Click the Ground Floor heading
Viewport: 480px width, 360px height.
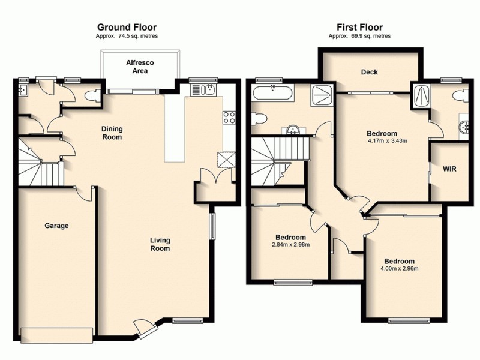[x=127, y=27]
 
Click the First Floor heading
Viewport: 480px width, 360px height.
[x=359, y=27]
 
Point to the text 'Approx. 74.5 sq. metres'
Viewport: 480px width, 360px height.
[x=127, y=36]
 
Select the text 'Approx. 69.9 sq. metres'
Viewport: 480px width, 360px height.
[x=359, y=36]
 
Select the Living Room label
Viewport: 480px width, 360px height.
[x=160, y=244]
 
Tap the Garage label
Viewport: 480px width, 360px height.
[x=56, y=226]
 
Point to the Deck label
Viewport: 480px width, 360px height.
[x=369, y=73]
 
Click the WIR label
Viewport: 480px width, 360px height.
[x=449, y=169]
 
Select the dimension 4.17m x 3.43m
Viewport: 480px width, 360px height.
[x=387, y=142]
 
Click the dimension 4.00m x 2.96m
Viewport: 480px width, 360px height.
[x=399, y=269]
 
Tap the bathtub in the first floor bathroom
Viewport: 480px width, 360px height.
[x=273, y=93]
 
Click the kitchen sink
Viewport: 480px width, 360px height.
[x=206, y=91]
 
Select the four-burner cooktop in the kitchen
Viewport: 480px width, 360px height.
[x=229, y=118]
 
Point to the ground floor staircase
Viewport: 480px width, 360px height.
[x=40, y=164]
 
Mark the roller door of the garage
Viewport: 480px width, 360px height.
[x=57, y=334]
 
